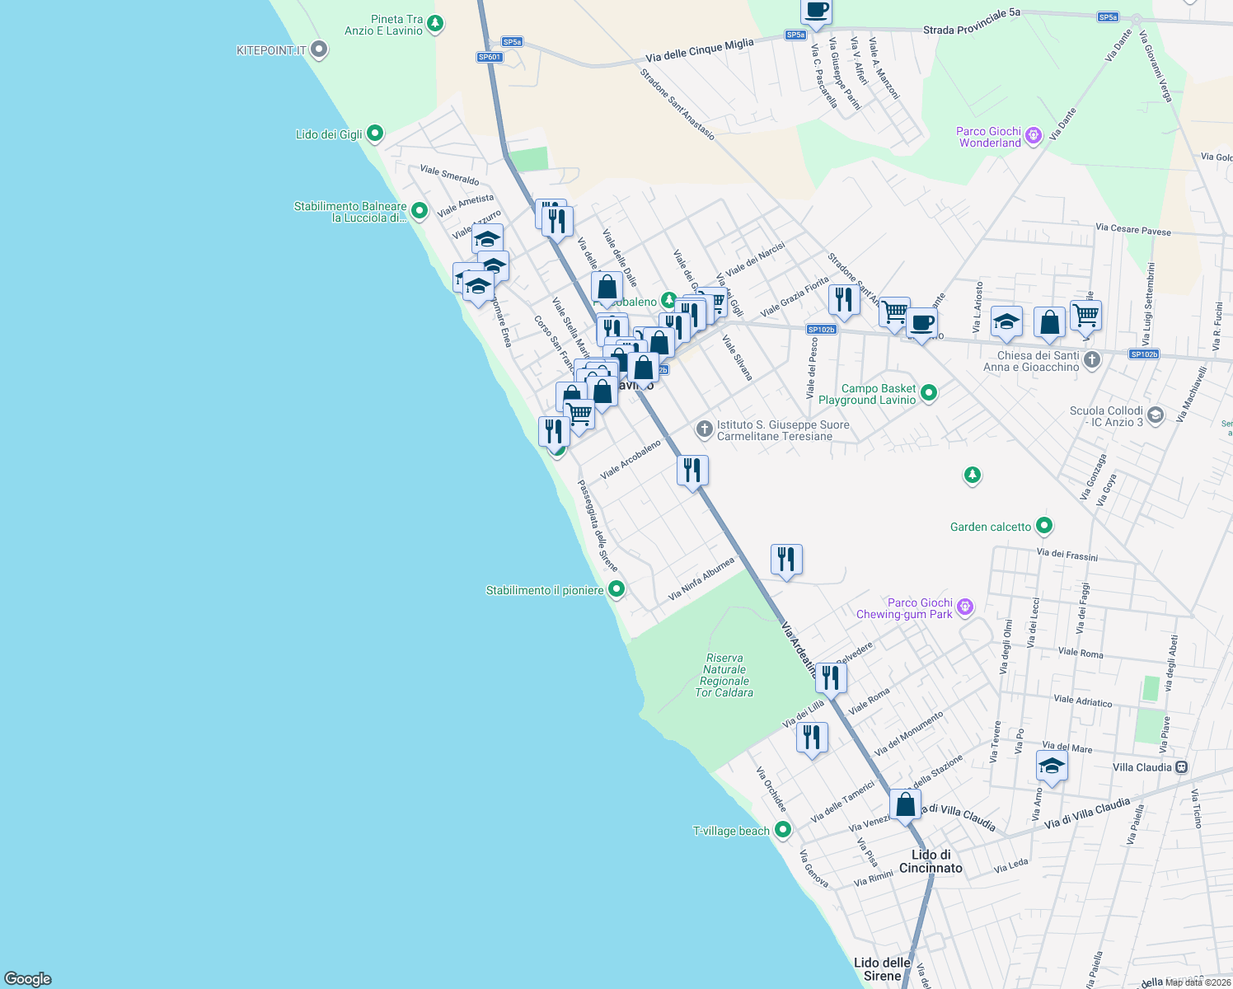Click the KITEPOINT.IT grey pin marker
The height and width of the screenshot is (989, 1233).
[x=319, y=50]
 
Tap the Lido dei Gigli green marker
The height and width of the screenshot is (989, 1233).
[x=374, y=133]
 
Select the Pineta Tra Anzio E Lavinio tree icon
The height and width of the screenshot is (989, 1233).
[x=435, y=24]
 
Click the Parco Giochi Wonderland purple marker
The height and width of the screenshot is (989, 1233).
[x=1034, y=136]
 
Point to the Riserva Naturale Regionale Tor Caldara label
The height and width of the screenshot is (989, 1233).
[x=724, y=676]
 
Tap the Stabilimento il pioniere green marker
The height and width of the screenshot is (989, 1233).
[x=616, y=589]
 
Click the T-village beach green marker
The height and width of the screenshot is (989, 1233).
[x=782, y=830]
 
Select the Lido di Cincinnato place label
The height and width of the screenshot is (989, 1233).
[x=931, y=861]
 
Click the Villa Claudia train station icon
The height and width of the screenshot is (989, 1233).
[x=1181, y=767]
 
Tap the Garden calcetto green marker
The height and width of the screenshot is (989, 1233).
[x=1044, y=526]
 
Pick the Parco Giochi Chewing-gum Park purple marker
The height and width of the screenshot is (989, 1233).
[x=965, y=608]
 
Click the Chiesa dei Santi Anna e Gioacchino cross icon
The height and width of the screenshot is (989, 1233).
[x=1091, y=360]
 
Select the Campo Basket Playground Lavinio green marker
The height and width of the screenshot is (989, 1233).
[x=929, y=393]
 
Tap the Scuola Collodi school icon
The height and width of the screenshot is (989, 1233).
[x=1156, y=415]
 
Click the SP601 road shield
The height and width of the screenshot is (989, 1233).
[x=490, y=57]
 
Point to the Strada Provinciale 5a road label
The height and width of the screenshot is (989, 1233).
[x=971, y=22]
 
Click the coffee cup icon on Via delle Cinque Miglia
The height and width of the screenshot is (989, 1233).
[x=816, y=11]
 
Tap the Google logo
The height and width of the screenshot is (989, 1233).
[x=28, y=979]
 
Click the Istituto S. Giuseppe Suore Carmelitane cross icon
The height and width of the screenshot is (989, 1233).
[x=704, y=429]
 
